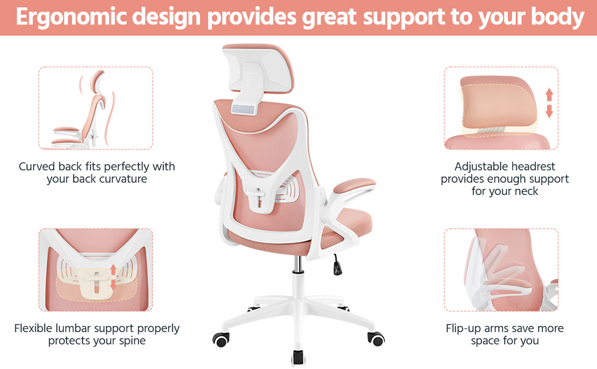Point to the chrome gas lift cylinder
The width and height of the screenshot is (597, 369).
pos(298,264)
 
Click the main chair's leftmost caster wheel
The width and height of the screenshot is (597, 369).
pos(220,338)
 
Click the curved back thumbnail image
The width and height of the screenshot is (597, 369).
pos(95,108)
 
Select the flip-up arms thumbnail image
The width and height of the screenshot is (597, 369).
pos(501,271)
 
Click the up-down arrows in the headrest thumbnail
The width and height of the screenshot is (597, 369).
pos(549,103)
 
